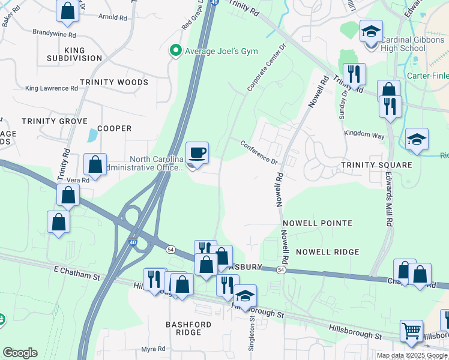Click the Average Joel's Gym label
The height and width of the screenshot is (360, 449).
pos(221,50)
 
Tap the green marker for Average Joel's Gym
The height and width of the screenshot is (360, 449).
pos(176,50)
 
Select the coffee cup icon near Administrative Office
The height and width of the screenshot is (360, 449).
pos(197,153)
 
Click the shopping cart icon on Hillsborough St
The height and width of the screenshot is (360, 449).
pos(412,330)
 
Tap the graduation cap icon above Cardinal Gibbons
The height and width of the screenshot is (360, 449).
pos(371,31)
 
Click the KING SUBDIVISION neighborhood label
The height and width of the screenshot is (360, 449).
pos(74,54)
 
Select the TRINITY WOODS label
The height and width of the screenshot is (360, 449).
pos(114,82)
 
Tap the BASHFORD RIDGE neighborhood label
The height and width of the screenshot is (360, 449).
pos(188,328)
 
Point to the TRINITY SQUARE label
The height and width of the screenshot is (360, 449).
pos(376,165)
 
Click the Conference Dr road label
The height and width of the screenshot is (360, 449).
pos(259,153)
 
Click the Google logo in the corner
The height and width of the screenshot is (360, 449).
pos(20,353)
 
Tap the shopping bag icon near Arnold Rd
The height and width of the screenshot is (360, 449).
pos(67,11)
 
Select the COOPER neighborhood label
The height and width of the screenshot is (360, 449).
pos(114,128)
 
